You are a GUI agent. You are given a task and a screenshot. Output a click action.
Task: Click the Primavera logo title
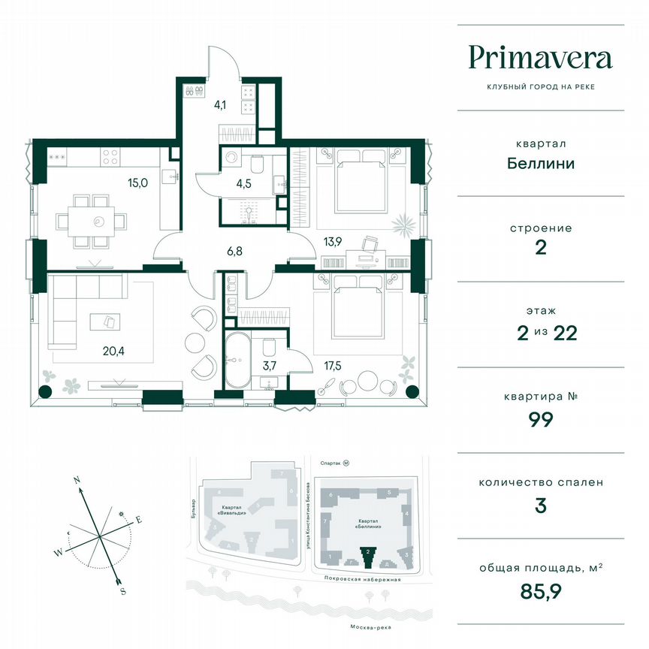click(x=540, y=58)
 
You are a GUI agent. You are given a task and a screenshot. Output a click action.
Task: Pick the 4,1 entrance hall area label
click(x=220, y=105)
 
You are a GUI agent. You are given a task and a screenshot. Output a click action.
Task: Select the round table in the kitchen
click(x=98, y=221)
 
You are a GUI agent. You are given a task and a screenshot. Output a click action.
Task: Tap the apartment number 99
click(x=541, y=419)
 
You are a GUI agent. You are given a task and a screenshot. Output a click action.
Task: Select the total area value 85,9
click(x=541, y=590)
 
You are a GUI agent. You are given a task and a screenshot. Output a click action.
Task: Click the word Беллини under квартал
click(x=541, y=162)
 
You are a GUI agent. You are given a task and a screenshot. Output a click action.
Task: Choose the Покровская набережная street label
click(x=365, y=580)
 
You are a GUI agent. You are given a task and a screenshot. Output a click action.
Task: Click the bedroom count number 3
click(x=541, y=505)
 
